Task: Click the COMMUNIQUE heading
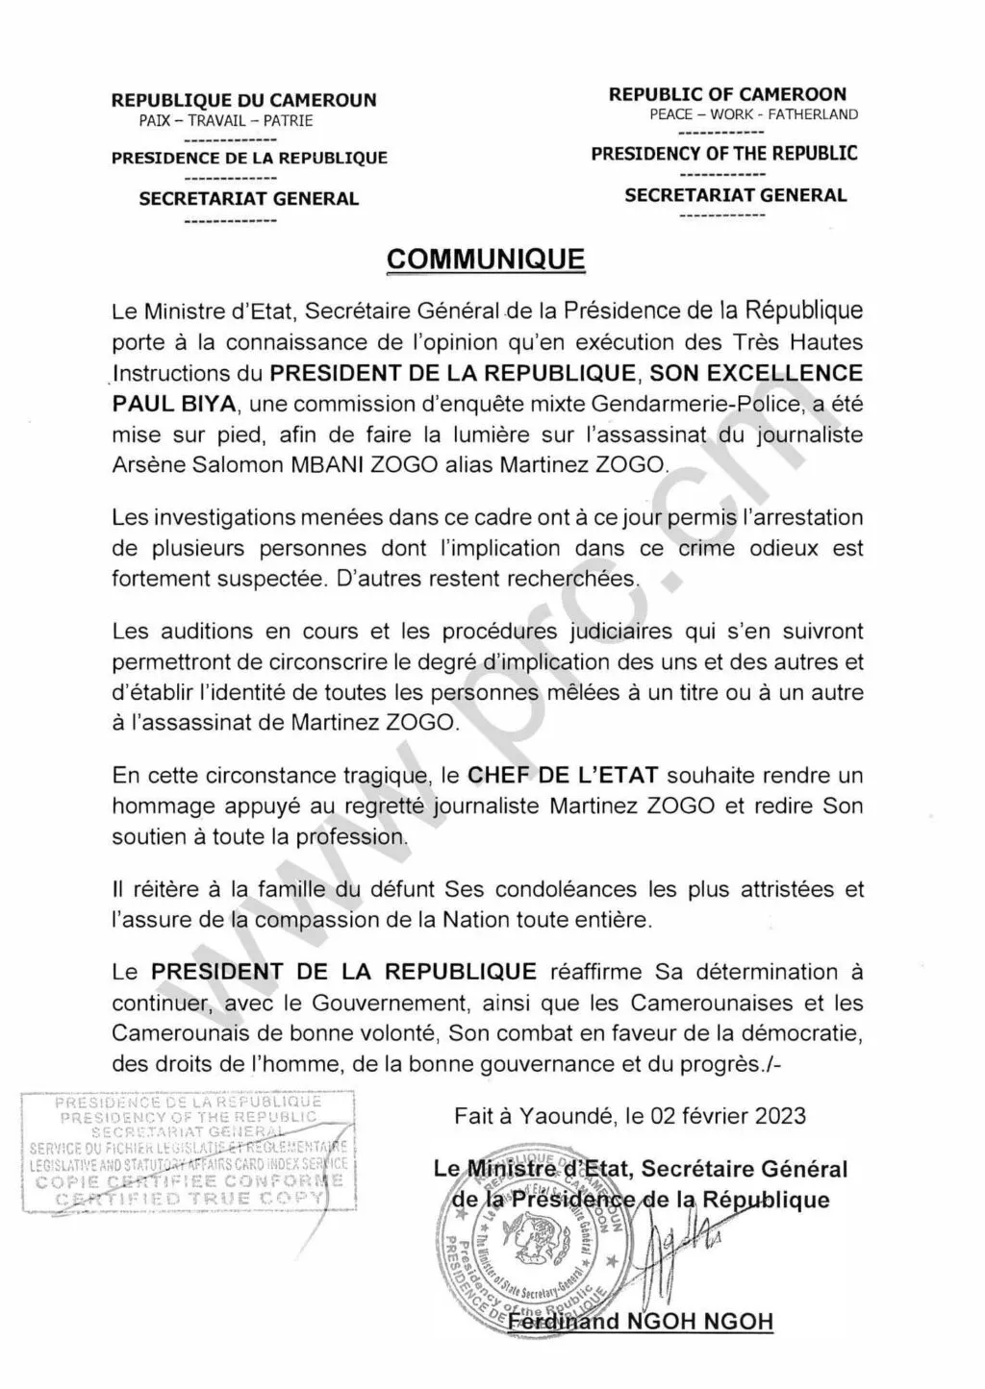485,260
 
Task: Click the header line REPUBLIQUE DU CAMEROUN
244,100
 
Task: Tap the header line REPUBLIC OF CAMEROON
727,94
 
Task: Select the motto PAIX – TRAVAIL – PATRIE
226,121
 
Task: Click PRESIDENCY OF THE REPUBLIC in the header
724,154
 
